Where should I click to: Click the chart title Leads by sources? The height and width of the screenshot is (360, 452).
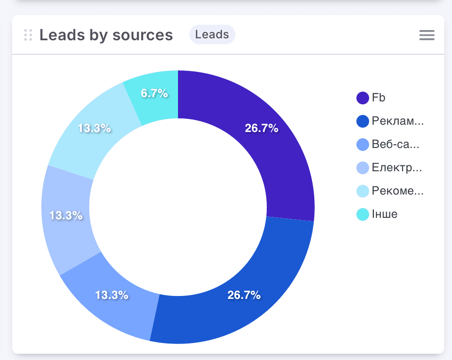point(106,35)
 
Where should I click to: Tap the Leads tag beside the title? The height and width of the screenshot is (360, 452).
point(212,34)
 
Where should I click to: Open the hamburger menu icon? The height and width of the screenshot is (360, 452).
point(427,35)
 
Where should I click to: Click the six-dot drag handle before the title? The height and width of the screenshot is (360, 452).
point(28,35)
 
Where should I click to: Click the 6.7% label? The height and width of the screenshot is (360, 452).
point(154,94)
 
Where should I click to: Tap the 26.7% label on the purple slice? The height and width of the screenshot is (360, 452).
point(261,129)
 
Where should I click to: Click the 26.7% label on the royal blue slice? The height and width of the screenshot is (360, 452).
point(244,295)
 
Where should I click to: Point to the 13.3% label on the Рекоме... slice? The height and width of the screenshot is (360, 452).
point(95,129)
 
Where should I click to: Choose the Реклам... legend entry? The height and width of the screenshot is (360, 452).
point(390,121)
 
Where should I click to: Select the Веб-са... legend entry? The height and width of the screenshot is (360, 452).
point(388,145)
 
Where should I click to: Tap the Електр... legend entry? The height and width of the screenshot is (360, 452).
point(389,168)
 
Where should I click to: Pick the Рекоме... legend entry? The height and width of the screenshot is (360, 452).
point(390,191)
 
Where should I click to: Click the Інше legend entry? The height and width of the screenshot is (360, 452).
point(377,214)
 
